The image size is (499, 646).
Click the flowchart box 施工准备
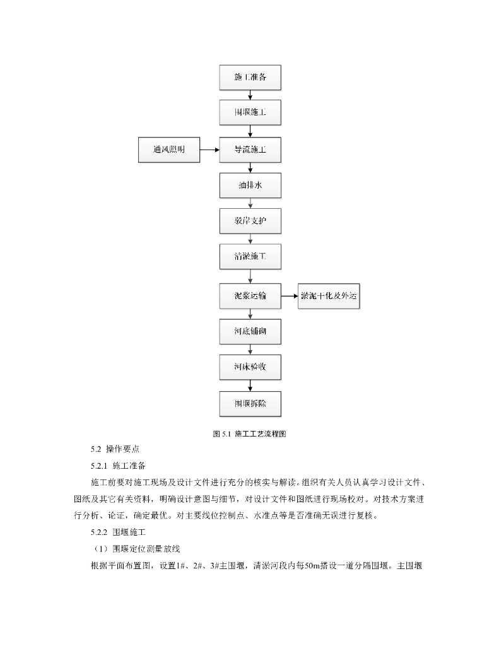point(250,78)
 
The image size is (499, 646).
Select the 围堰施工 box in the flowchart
point(250,114)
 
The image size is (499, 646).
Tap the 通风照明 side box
point(168,150)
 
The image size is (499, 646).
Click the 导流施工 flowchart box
point(250,150)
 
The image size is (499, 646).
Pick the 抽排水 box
point(250,186)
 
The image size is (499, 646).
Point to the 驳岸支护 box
point(250,222)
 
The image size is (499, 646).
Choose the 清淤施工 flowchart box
point(250,258)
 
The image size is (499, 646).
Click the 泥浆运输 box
point(250,295)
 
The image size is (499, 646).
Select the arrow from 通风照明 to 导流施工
point(209,150)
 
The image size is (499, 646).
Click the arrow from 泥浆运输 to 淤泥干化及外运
point(290,295)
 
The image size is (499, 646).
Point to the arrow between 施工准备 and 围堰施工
point(250,95)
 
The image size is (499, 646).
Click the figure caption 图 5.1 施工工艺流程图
point(250,433)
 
